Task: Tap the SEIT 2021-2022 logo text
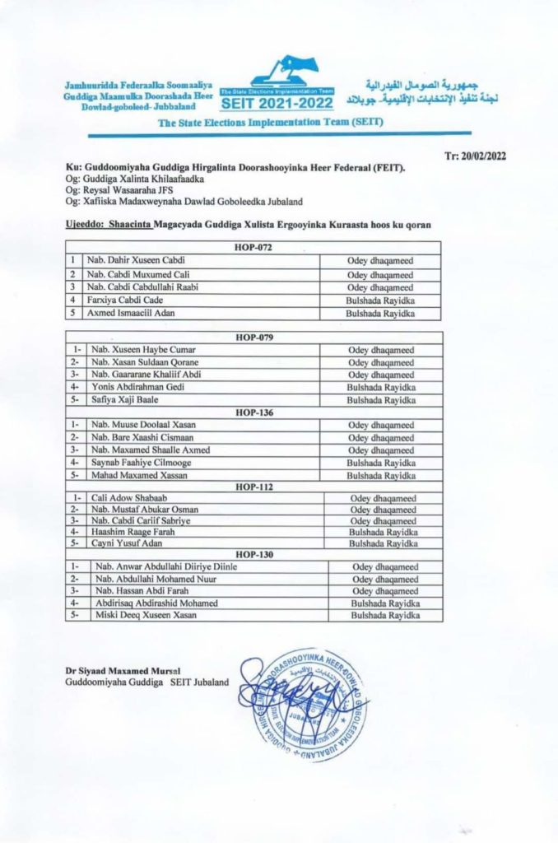click(277, 103)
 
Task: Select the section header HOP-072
click(253, 247)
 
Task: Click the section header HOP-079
click(253, 338)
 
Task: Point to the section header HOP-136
click(253, 412)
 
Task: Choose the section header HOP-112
click(253, 487)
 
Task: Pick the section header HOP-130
click(253, 554)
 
